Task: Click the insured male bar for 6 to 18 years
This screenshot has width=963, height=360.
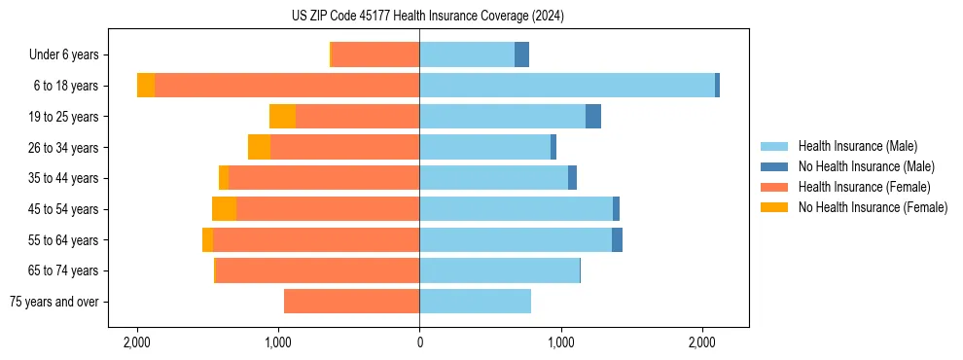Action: tap(567, 86)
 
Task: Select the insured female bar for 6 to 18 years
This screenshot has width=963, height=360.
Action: tap(287, 86)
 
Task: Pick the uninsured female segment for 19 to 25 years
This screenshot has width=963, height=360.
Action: tap(282, 117)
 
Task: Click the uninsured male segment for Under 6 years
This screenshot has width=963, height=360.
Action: tap(522, 54)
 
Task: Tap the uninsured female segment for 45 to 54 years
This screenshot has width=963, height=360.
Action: tap(224, 209)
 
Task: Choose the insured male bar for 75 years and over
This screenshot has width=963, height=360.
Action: tap(476, 302)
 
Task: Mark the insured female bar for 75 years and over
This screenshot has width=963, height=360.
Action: tap(351, 302)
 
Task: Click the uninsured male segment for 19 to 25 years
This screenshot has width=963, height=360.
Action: tap(593, 117)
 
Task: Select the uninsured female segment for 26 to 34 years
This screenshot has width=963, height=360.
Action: tap(259, 147)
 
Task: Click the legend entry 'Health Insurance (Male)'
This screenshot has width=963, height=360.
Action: tap(857, 146)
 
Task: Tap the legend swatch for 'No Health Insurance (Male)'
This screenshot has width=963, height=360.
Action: tap(774, 166)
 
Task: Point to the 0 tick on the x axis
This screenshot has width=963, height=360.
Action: tap(419, 343)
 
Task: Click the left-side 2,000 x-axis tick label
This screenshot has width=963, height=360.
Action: tap(136, 343)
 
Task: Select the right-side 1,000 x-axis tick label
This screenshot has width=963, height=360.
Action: tap(560, 343)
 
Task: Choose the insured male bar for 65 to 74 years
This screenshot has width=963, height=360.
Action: tap(499, 270)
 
